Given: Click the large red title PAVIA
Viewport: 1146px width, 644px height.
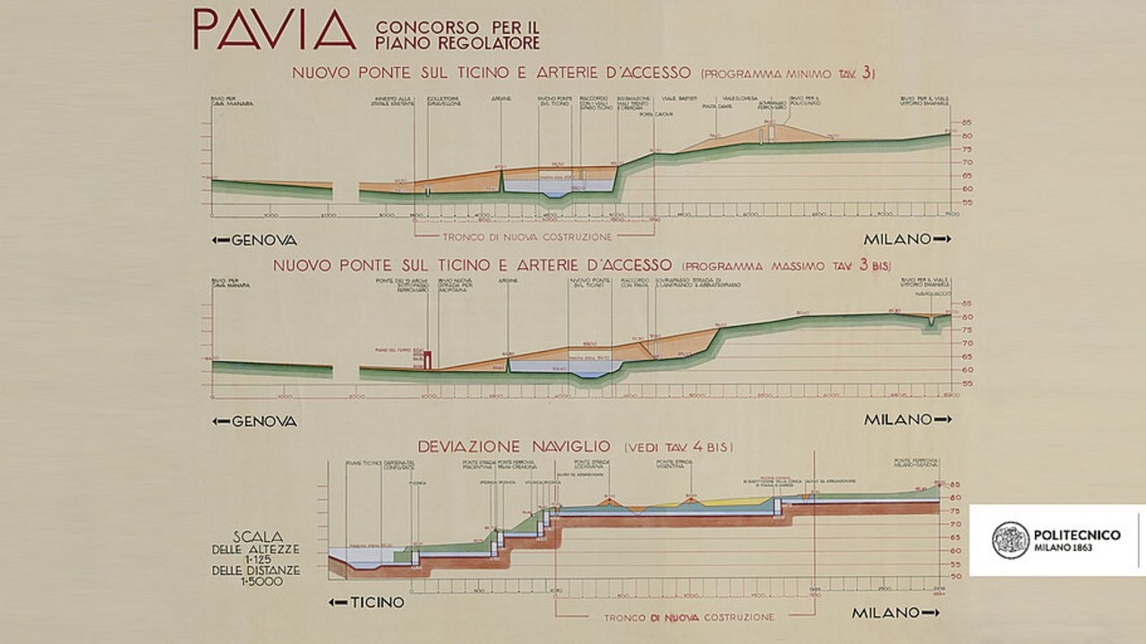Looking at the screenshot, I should pos(274,30).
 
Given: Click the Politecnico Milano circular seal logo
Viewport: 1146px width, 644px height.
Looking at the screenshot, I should pos(1010,540).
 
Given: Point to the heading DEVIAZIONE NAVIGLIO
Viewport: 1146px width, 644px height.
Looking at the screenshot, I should pos(514,446).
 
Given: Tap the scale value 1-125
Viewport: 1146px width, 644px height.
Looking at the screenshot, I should pos(256,559).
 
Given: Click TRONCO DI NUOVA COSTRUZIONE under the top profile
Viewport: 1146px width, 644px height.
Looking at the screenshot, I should pos(528,237).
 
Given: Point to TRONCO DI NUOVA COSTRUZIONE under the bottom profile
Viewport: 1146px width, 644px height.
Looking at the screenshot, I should pos(688,618).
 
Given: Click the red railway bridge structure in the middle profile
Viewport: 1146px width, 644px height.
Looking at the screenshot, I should pos(429,359).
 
